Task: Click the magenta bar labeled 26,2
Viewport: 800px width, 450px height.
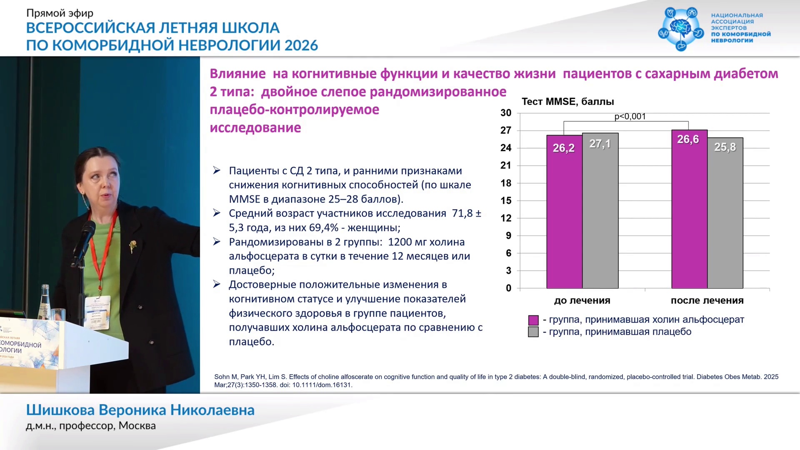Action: (565, 212)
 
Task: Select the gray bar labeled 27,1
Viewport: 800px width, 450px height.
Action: (600, 211)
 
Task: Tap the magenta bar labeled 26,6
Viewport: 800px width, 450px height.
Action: (690, 209)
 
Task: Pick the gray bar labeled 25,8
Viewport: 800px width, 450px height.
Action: (725, 213)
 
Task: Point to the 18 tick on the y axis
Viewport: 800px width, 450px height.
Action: (506, 183)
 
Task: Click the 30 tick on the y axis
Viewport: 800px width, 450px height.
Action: (506, 112)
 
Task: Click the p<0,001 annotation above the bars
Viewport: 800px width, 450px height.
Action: (630, 116)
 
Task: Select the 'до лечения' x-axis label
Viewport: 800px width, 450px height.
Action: (582, 300)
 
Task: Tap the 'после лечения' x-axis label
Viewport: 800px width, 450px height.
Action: (707, 300)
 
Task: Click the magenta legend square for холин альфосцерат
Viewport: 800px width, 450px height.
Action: (533, 320)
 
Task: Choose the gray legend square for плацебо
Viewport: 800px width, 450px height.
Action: (533, 332)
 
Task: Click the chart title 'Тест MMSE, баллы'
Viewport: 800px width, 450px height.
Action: (568, 102)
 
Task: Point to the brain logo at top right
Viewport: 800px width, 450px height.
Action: (681, 28)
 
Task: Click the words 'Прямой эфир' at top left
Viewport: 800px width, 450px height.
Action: (60, 13)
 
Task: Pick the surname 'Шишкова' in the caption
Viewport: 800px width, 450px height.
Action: (60, 410)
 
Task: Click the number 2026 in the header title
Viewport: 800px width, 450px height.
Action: (301, 45)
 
